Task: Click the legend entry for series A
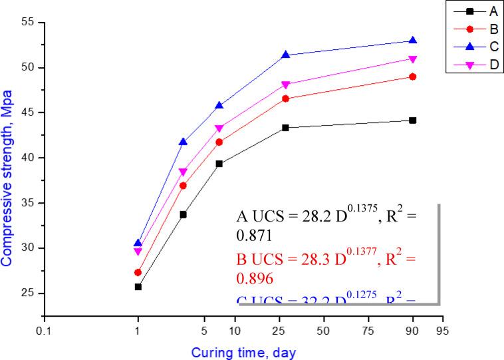(x=471, y=11)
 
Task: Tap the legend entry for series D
(x=471, y=64)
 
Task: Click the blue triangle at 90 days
(x=412, y=41)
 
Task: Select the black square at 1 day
(x=138, y=287)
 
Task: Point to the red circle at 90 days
(x=412, y=77)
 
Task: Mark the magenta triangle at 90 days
(x=412, y=59)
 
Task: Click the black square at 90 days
(x=412, y=120)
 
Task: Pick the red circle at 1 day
(x=138, y=272)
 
